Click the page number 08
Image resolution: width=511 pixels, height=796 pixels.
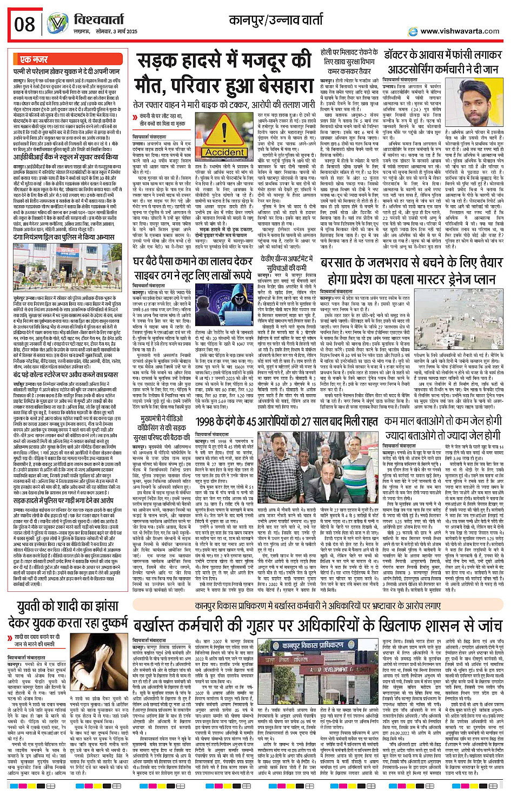tap(25, 24)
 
